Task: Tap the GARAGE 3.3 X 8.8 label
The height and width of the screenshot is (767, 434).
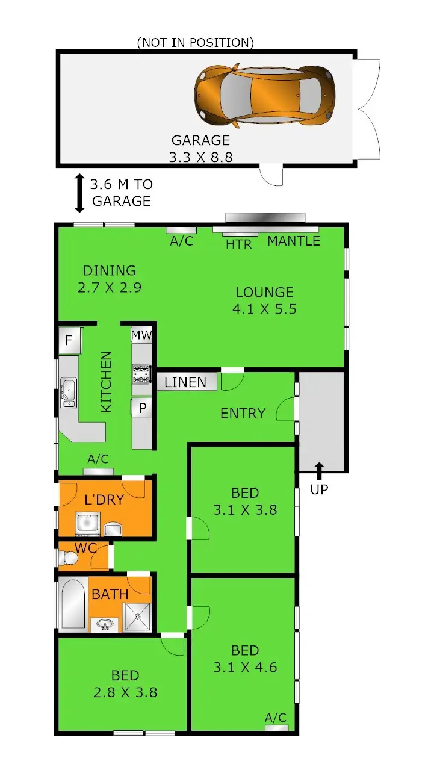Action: pos(201,149)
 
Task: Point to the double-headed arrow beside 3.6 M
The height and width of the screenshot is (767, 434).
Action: pos(79,193)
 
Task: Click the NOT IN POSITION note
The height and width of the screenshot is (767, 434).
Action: pos(196,42)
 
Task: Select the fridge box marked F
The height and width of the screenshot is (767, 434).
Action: pos(69,341)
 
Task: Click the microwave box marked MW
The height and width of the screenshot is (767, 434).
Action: pos(141,335)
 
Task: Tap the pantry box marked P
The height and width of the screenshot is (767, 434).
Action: pos(142,408)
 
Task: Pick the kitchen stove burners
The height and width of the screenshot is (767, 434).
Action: pos(141,374)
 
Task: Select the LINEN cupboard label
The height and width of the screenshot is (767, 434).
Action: pos(185,382)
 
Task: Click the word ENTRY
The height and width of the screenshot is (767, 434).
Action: pos(243,414)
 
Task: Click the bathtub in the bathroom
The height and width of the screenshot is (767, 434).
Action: pos(72,604)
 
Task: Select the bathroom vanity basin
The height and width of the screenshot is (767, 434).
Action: pos(105,624)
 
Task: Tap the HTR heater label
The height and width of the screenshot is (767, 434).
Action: pos(239,244)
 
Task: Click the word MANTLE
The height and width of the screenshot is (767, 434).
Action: pos(294,241)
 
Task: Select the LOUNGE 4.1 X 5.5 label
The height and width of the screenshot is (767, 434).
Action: pos(265,300)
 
